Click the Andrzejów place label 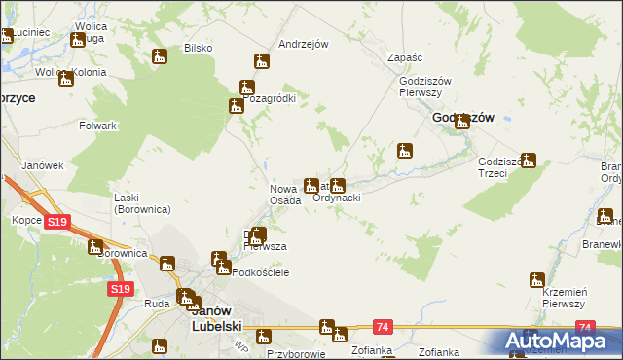[303, 44]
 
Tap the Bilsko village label [198, 48]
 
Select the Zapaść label [404, 57]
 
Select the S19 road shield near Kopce [56, 223]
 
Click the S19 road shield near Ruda [121, 289]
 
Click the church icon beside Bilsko [161, 57]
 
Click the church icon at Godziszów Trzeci [529, 160]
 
